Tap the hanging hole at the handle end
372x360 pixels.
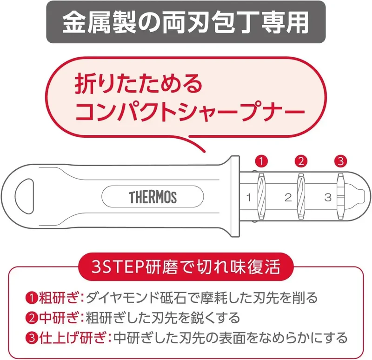(24, 196)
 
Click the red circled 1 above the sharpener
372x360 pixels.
(261, 161)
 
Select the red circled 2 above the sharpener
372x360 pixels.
(301, 161)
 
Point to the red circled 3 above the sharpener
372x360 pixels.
(340, 161)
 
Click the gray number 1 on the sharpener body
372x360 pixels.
(249, 198)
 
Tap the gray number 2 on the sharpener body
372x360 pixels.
(288, 198)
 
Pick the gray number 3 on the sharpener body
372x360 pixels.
(328, 198)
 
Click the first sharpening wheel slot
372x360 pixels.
(261, 196)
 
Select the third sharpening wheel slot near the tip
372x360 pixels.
(341, 196)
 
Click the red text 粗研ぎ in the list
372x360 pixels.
(59, 298)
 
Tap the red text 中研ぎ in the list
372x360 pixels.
(59, 318)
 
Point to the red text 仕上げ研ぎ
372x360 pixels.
(73, 338)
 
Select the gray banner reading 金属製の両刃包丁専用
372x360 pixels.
(186, 22)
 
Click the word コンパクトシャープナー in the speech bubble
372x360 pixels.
(189, 111)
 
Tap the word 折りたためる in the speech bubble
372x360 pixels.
(138, 85)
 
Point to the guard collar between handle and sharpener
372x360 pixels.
(235, 196)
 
